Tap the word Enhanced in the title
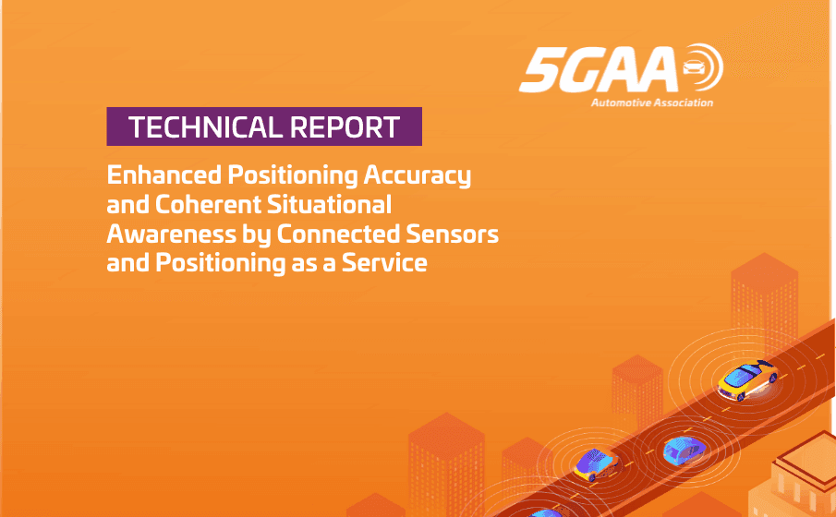pyautogui.click(x=156, y=175)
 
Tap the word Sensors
pyautogui.click(x=460, y=234)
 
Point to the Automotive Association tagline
pyautogui.click(x=652, y=102)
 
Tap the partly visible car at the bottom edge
pyautogui.click(x=545, y=511)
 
